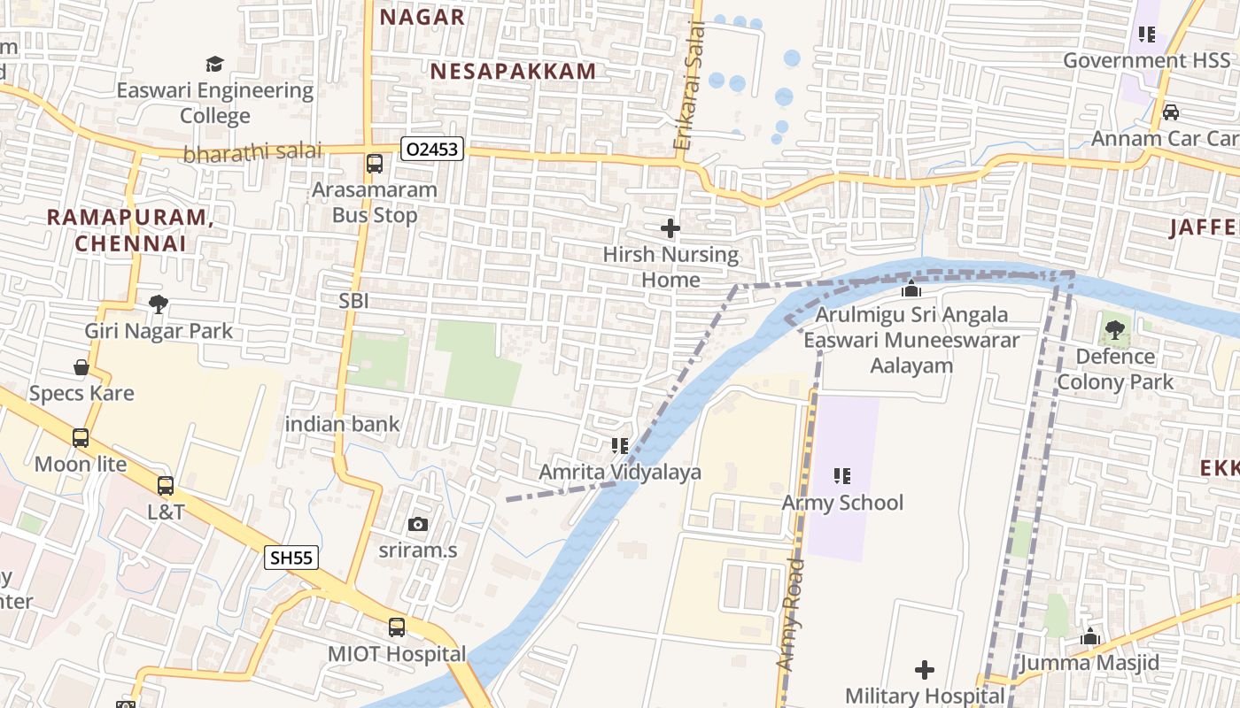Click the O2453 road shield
(432, 150)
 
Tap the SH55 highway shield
(291, 557)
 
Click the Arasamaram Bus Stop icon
(375, 164)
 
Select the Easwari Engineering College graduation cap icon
(215, 64)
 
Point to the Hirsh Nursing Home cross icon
(670, 228)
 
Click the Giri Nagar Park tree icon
(159, 304)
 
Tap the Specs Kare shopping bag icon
(81, 367)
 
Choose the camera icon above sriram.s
(418, 524)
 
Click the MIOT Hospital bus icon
(397, 627)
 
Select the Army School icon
(841, 476)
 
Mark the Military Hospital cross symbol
(925, 670)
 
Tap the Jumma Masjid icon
(1089, 636)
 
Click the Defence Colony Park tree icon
(1114, 331)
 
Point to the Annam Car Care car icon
(1170, 112)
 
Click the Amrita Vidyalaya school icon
(620, 446)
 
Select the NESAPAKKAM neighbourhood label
(513, 72)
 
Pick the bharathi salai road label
(252, 152)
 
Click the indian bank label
(342, 424)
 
